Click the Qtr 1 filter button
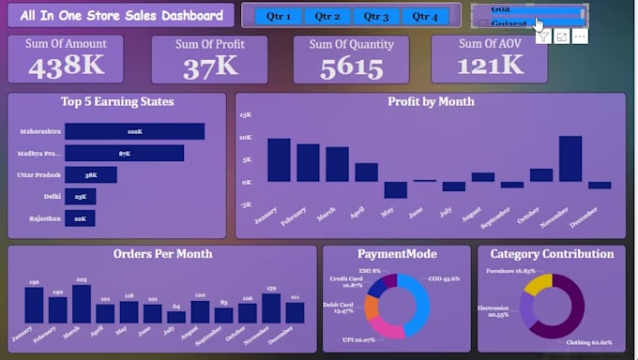279,16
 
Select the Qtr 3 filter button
376,16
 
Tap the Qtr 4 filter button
425,16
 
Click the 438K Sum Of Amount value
66,65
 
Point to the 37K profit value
210,65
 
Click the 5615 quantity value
351,67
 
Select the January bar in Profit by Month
279,159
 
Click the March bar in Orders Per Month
82,304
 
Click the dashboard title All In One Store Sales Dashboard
120,15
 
